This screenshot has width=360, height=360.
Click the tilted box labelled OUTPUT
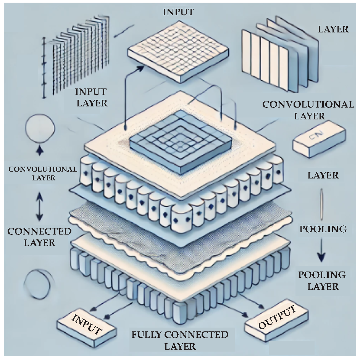pos(276,320)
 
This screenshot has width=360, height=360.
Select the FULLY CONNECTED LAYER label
pos(180,341)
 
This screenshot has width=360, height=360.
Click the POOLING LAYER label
pos(321,280)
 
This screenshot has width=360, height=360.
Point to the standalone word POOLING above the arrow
pos(323,229)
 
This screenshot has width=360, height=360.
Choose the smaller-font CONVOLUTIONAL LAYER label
pos(42,173)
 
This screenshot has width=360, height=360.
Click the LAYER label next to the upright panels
pos(333,29)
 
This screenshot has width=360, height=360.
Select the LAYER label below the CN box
pos(323,175)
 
